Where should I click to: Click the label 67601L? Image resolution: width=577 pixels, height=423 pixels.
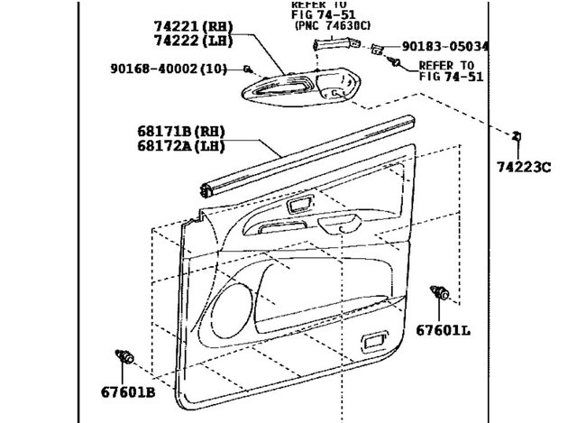[x=443, y=330]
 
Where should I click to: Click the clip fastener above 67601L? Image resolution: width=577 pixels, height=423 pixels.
[x=443, y=293]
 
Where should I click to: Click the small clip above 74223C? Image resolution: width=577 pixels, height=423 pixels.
[x=517, y=136]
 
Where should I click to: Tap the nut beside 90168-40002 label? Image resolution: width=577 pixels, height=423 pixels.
[x=247, y=68]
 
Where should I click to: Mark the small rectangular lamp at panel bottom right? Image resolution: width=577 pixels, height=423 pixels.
[x=372, y=342]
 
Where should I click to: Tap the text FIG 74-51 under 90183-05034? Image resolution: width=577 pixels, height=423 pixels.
[x=452, y=78]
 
